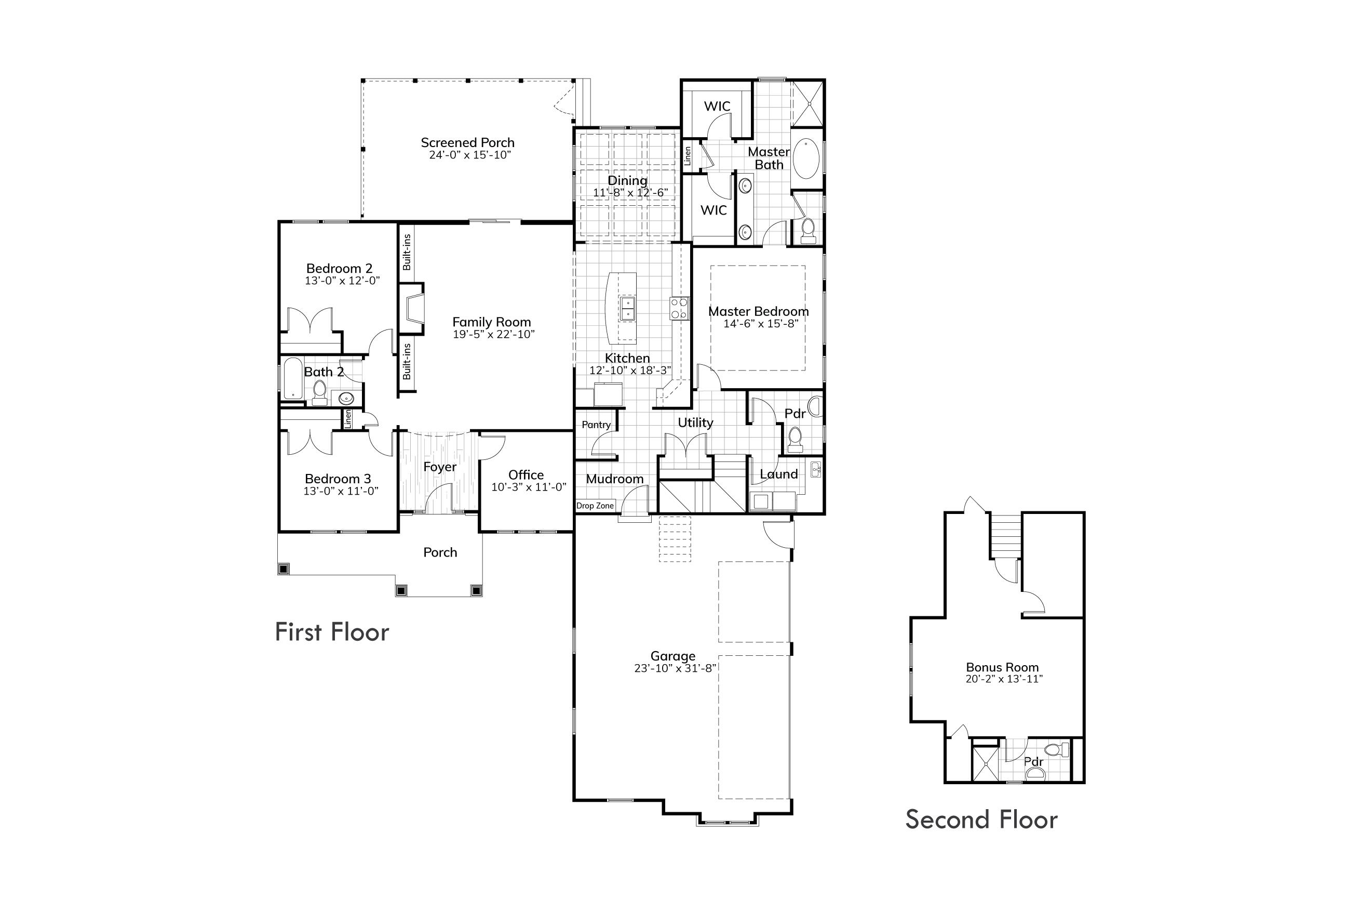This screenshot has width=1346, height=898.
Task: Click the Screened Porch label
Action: pos(467,142)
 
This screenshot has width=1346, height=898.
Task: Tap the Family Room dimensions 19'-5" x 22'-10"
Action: pos(493,335)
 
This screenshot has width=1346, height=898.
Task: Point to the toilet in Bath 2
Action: pos(319,391)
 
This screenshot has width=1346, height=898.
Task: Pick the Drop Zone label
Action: pos(595,506)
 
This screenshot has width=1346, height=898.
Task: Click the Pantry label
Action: pos(596,425)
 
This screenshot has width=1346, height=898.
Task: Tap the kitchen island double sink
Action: pos(627,308)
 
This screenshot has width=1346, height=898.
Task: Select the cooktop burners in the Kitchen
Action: pos(679,308)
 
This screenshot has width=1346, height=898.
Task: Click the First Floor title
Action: pos(332,632)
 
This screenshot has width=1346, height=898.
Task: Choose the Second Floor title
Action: pos(981,820)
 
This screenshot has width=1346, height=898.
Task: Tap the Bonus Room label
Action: pos(1002,667)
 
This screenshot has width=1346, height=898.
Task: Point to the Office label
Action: pos(526,475)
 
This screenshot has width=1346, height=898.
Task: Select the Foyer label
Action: pos(439,467)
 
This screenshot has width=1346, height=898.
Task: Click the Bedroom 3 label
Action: pos(338,479)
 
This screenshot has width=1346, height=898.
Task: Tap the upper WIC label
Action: pos(717,107)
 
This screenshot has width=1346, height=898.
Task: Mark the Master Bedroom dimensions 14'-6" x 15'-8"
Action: pos(761,324)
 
